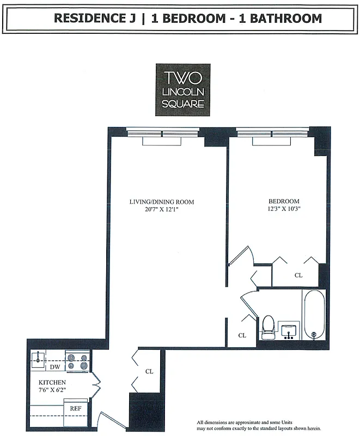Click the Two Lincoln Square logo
(182, 89)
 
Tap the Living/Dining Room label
(161, 202)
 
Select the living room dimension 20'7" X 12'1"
(161, 210)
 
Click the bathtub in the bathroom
(314, 314)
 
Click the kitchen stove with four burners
(77, 361)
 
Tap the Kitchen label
(52, 383)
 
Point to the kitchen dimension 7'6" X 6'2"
(52, 390)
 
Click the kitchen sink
(39, 359)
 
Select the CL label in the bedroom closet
(298, 275)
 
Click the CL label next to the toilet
(242, 336)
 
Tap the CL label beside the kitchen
(149, 372)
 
